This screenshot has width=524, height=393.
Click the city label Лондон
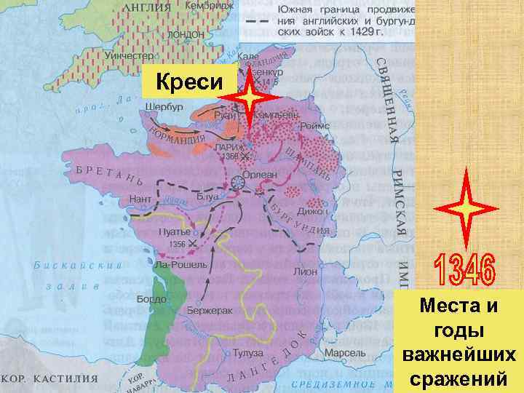pos(186,34)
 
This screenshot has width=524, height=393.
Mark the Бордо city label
pos(152,299)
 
